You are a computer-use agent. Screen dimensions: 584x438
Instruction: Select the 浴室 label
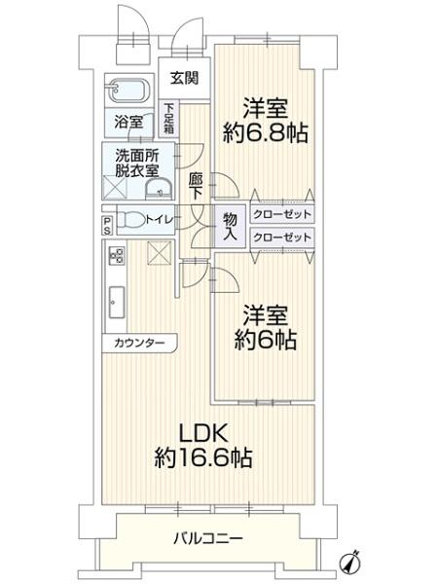tap(128, 123)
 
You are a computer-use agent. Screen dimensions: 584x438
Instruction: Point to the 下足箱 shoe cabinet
tap(169, 118)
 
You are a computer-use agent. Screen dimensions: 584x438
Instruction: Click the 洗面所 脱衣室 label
tap(137, 163)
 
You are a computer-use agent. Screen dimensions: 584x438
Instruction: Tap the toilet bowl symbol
tap(136, 220)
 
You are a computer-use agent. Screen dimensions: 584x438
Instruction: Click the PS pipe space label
tap(107, 226)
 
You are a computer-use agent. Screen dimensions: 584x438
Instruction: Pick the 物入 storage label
tap(230, 226)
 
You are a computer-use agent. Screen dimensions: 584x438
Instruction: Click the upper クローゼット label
tap(282, 215)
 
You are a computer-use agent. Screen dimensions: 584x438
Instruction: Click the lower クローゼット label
tap(282, 237)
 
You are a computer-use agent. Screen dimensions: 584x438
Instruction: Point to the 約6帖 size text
tap(265, 342)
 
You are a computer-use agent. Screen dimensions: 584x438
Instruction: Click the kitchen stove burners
tap(116, 257)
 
